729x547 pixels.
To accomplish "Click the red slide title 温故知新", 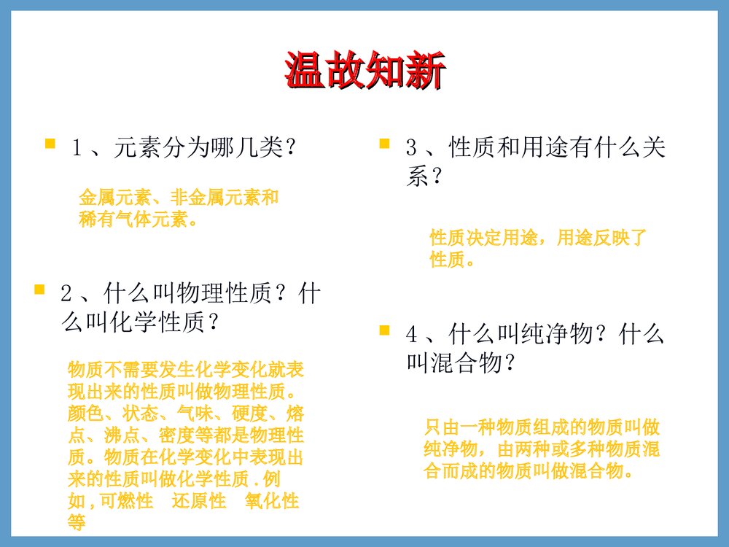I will coord(364,71).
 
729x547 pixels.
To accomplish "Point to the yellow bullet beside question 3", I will coord(384,144).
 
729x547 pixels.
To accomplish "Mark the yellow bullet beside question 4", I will coord(384,330).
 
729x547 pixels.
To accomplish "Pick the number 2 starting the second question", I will coord(66,295).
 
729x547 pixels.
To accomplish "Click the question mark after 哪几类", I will coord(290,148).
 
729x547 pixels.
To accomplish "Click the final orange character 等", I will coord(77,521).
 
